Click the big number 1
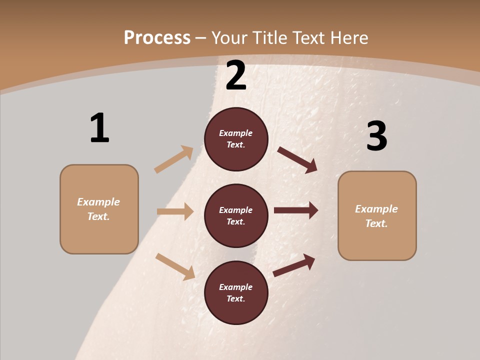(x=99, y=128)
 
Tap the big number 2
(x=236, y=75)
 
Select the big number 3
(x=376, y=136)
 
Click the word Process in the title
(x=157, y=37)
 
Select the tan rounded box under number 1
(x=99, y=209)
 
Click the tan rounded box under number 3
(x=377, y=216)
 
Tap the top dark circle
(x=236, y=139)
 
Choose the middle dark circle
(x=236, y=216)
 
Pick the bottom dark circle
(x=236, y=293)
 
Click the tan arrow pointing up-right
(x=174, y=159)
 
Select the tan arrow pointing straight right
(x=175, y=211)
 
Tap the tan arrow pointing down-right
(x=175, y=266)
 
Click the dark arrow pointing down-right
(x=297, y=159)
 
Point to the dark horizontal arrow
(x=296, y=210)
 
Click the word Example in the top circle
(x=236, y=133)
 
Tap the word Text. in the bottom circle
(x=236, y=299)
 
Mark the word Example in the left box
(x=98, y=202)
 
